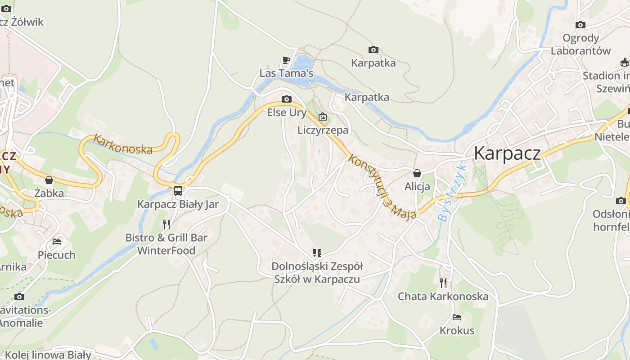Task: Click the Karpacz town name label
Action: pyautogui.click(x=507, y=153)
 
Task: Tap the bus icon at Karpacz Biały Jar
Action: pyautogui.click(x=178, y=190)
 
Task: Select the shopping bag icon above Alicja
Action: pyautogui.click(x=417, y=173)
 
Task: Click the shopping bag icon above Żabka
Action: pyautogui.click(x=49, y=180)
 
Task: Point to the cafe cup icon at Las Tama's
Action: pyautogui.click(x=286, y=60)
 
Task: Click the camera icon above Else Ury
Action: pyautogui.click(x=286, y=99)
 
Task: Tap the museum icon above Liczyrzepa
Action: pyautogui.click(x=323, y=117)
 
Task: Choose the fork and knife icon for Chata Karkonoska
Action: pyautogui.click(x=443, y=283)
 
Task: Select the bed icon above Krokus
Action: pyautogui.click(x=457, y=317)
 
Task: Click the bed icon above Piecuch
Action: pyautogui.click(x=57, y=242)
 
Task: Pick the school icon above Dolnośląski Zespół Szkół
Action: pyautogui.click(x=317, y=253)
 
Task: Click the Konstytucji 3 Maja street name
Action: pyautogui.click(x=382, y=188)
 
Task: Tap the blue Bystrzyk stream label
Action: pyautogui.click(x=452, y=192)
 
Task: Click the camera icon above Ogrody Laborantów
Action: pyautogui.click(x=580, y=25)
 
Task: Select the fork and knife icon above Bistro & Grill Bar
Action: pyautogui.click(x=166, y=224)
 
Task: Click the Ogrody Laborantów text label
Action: pyautogui.click(x=580, y=44)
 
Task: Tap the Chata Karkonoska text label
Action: pyautogui.click(x=443, y=297)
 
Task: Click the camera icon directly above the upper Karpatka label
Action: pyautogui.click(x=373, y=49)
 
